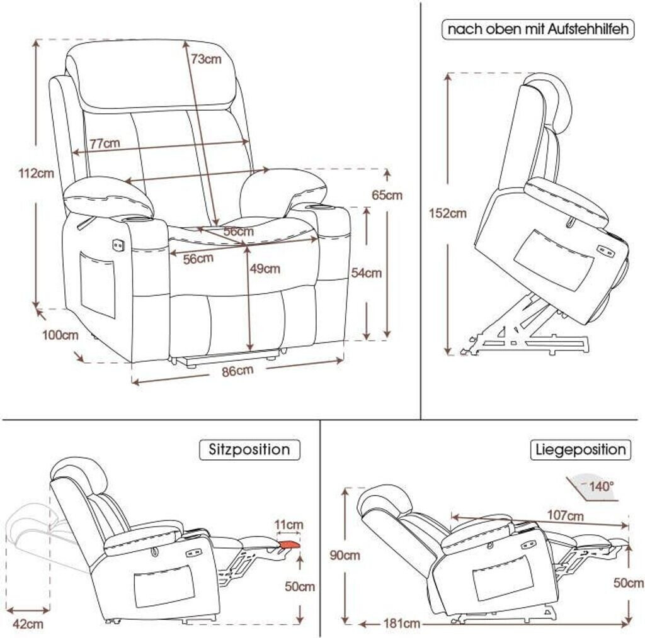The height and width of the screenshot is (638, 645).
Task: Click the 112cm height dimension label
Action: [36, 174]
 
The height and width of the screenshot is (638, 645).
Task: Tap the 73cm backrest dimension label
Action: [206, 59]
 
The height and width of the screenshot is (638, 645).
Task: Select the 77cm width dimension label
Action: [104, 143]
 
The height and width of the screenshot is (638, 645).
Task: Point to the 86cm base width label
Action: [237, 371]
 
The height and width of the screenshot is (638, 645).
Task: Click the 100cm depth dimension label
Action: [60, 335]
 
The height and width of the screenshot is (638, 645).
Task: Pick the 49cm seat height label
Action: [265, 269]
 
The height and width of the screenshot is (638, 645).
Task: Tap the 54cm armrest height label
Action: [366, 272]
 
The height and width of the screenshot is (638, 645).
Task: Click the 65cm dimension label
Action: [387, 195]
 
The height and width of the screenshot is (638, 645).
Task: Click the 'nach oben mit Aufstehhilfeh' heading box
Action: [537, 30]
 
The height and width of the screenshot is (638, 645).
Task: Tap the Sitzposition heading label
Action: [249, 450]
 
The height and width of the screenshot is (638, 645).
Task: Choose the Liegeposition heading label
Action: [581, 450]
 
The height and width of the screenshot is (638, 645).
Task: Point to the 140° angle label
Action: [601, 486]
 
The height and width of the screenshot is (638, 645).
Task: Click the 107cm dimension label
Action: [565, 516]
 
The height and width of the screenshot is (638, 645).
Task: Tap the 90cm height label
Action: [345, 555]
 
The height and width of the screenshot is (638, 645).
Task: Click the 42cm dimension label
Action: [28, 624]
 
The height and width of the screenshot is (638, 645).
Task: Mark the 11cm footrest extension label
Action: [288, 525]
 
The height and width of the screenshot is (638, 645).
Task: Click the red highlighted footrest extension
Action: [288, 544]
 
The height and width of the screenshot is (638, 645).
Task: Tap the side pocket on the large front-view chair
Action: [98, 284]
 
